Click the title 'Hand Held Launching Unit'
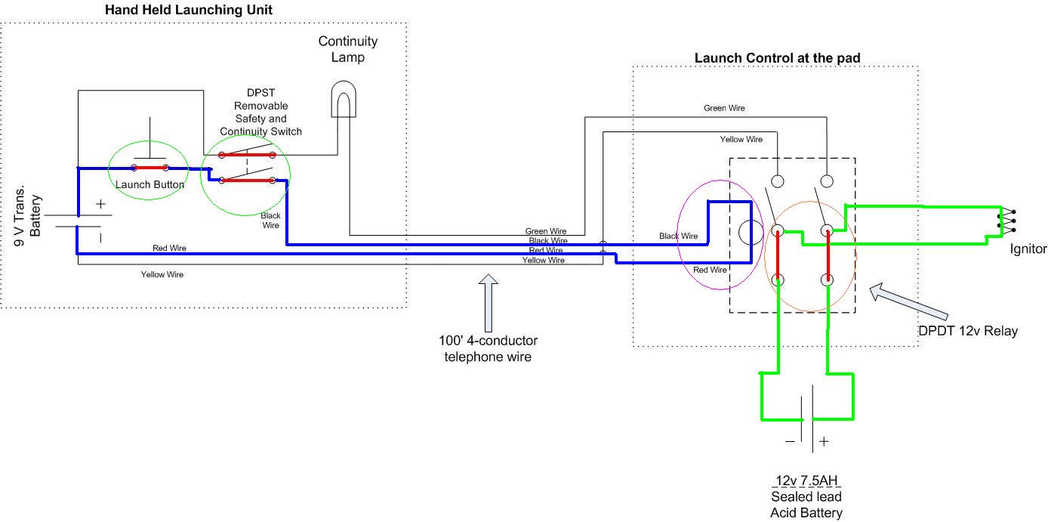189,10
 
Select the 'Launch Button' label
149,184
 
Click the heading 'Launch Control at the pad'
777,58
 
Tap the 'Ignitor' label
1028,249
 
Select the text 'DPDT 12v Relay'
968,331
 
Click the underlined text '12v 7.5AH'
806,480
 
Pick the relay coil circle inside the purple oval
751,232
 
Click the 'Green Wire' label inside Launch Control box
724,108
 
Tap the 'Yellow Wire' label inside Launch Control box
741,139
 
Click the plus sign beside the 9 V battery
100,204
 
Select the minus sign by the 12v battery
790,441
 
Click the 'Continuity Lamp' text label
347,49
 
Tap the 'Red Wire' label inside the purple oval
710,270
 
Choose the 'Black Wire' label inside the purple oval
678,236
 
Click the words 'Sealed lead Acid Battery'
806,505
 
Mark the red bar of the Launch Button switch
149,168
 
